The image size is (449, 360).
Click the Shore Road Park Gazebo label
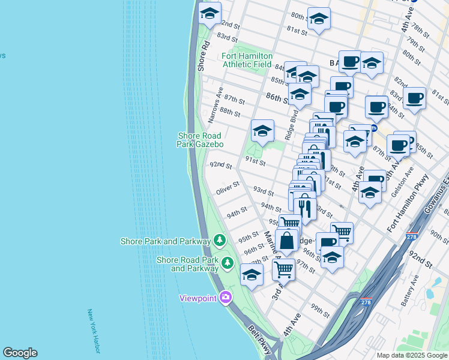[x=200, y=140]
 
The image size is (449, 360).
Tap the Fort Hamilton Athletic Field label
[x=247, y=60]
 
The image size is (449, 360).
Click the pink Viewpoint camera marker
[x=226, y=297]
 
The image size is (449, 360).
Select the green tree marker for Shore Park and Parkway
[x=220, y=241]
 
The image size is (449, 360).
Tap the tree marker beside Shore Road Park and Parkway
[x=228, y=263]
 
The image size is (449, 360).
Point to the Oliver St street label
[x=228, y=191]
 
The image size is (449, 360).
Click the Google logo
[x=20, y=353]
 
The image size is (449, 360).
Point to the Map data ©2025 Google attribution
[x=411, y=355]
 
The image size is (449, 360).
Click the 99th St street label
[x=320, y=311]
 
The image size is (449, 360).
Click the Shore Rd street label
[x=202, y=56]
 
